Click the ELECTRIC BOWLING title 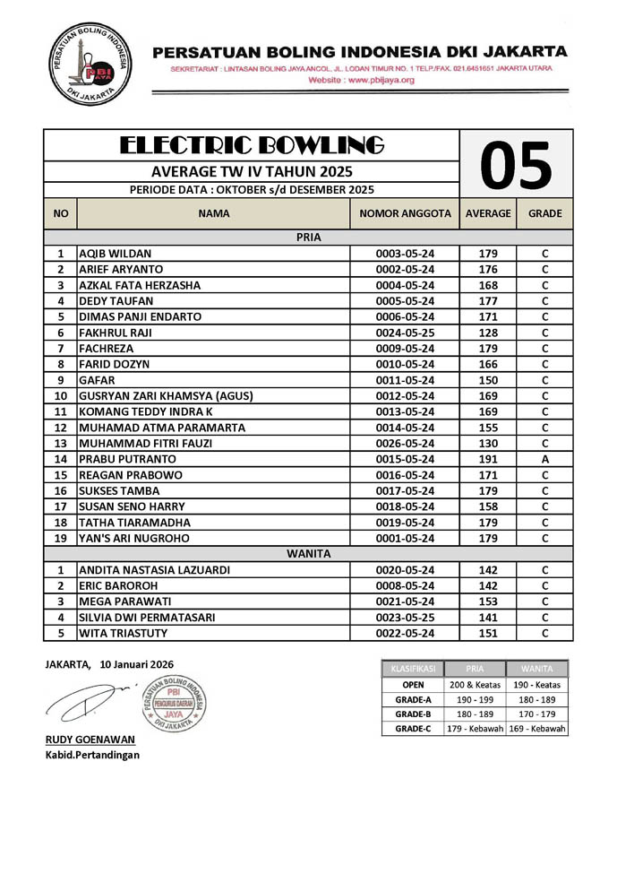[x=252, y=144]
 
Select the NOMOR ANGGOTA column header [x=405, y=214]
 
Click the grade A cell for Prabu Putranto [x=544, y=459]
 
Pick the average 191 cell [x=488, y=459]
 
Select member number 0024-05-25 [x=405, y=333]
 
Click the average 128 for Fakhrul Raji [x=488, y=333]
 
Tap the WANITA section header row [x=308, y=554]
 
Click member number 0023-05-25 [x=405, y=618]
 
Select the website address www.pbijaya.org [x=361, y=81]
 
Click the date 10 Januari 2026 [x=137, y=664]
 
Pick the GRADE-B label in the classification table [x=413, y=714]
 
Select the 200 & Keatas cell [x=475, y=684]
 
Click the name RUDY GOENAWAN [x=90, y=740]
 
